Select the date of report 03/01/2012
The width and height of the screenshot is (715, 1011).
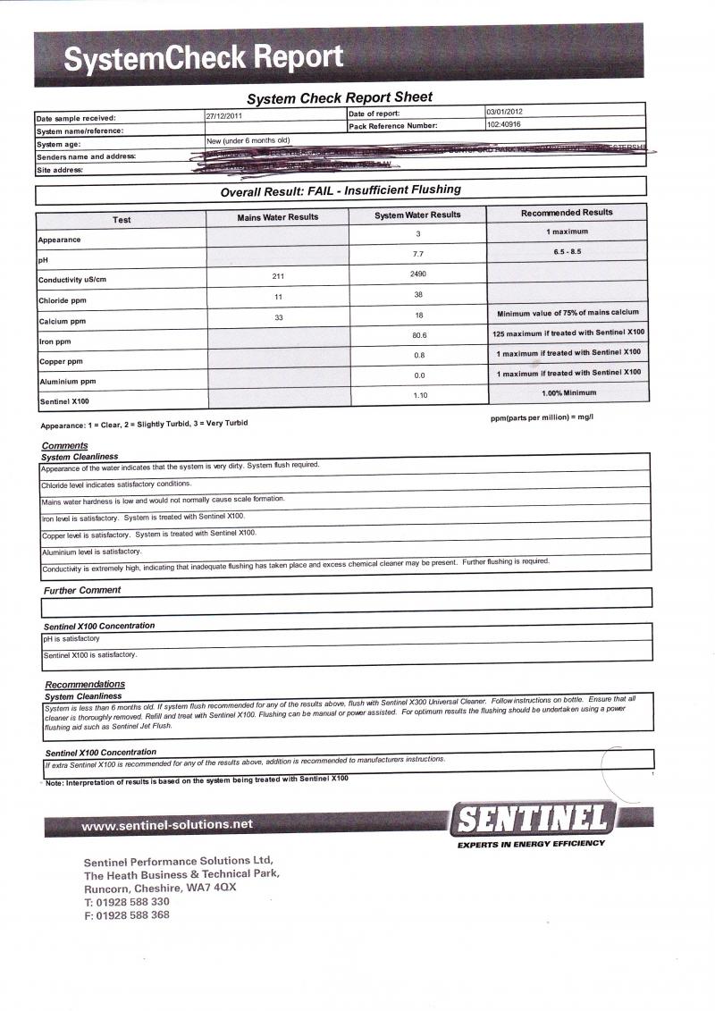pos(505,112)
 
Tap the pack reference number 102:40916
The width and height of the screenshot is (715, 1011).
pos(506,125)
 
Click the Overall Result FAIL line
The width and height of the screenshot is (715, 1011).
pos(341,190)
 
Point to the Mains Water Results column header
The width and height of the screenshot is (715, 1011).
pos(278,217)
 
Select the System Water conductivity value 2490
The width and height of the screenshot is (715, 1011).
pos(418,274)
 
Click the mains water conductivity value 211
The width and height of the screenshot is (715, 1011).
pos(278,276)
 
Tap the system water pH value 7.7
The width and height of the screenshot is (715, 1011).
pos(418,254)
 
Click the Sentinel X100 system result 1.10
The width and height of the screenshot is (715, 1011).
pos(418,395)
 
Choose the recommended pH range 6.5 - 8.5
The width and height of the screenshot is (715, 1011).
pos(568,252)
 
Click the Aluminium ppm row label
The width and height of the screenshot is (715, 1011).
pos(67,382)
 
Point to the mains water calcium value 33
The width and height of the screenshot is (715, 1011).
pos(278,316)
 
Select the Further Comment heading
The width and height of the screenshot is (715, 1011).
pos(82,591)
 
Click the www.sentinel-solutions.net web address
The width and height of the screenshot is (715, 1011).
pos(167,825)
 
